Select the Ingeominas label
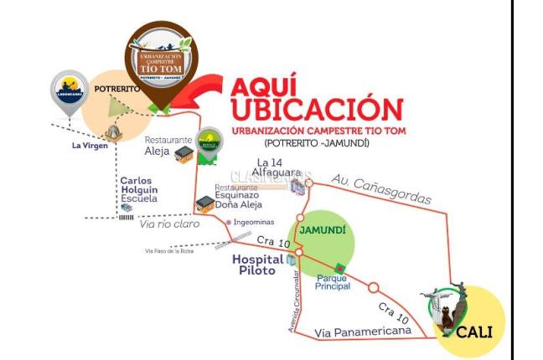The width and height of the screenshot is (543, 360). click(255, 222)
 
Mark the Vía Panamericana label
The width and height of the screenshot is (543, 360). click(362, 332)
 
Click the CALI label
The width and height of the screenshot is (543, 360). click(473, 332)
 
